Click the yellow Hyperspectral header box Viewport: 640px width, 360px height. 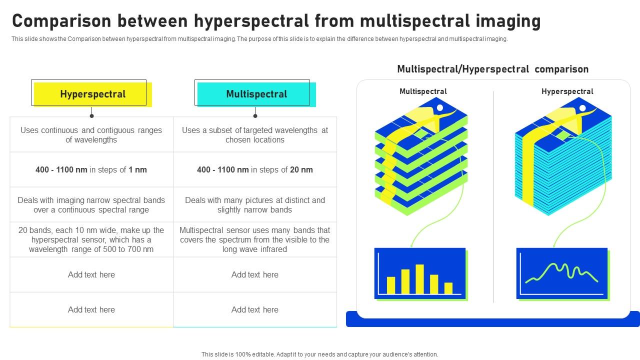coord(92,94)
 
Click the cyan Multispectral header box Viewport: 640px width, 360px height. coord(256,94)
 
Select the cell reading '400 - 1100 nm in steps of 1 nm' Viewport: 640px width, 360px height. coord(91,170)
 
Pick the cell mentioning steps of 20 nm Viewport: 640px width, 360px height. coord(255,170)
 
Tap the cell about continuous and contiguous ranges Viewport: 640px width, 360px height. coord(91,135)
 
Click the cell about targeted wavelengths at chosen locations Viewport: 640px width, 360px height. coord(255,135)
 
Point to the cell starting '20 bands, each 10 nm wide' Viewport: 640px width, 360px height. coord(91,240)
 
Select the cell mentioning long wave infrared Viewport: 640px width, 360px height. coord(255,240)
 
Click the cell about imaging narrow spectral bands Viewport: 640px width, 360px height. coord(91,205)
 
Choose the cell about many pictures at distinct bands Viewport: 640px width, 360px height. coord(255,205)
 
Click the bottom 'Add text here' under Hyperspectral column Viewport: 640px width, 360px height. coord(91,310)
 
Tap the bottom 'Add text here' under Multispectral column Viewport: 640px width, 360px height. coord(255,310)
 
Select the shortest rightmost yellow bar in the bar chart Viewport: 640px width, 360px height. coord(448,288)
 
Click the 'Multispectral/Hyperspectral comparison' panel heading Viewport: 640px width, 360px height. coord(492,69)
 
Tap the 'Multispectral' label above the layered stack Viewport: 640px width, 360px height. coord(423,91)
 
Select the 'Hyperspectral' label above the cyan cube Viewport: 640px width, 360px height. coord(567,91)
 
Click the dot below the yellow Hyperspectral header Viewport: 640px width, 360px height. coord(91,116)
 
